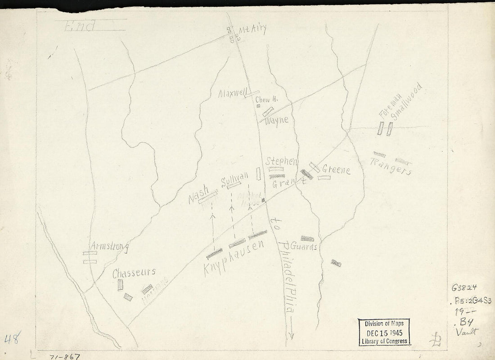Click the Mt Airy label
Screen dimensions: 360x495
(x=253, y=30)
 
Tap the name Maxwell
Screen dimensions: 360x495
(x=232, y=94)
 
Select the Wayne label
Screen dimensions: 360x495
(x=277, y=121)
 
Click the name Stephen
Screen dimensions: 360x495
(x=281, y=161)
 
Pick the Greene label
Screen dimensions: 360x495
(x=336, y=170)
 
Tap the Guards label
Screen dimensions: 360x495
(x=304, y=247)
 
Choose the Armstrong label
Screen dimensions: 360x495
(x=109, y=247)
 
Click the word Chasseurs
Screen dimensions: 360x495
(x=134, y=272)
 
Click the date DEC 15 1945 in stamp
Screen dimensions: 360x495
(x=384, y=332)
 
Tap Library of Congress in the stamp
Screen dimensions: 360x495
(x=384, y=341)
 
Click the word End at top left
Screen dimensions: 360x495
(x=80, y=27)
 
